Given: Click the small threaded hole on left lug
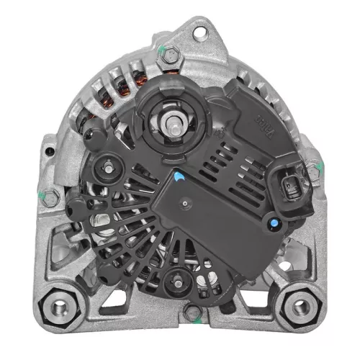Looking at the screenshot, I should (48, 152).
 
